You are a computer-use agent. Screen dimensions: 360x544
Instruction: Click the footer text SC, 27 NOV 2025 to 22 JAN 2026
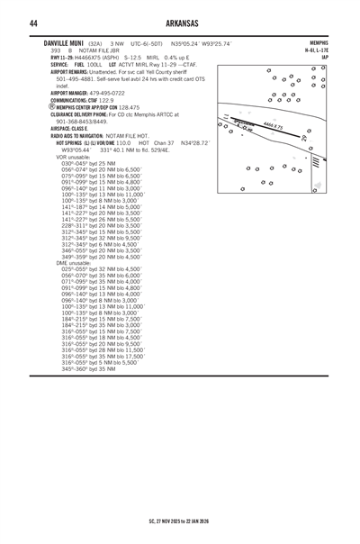pyautogui.click(x=180, y=521)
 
